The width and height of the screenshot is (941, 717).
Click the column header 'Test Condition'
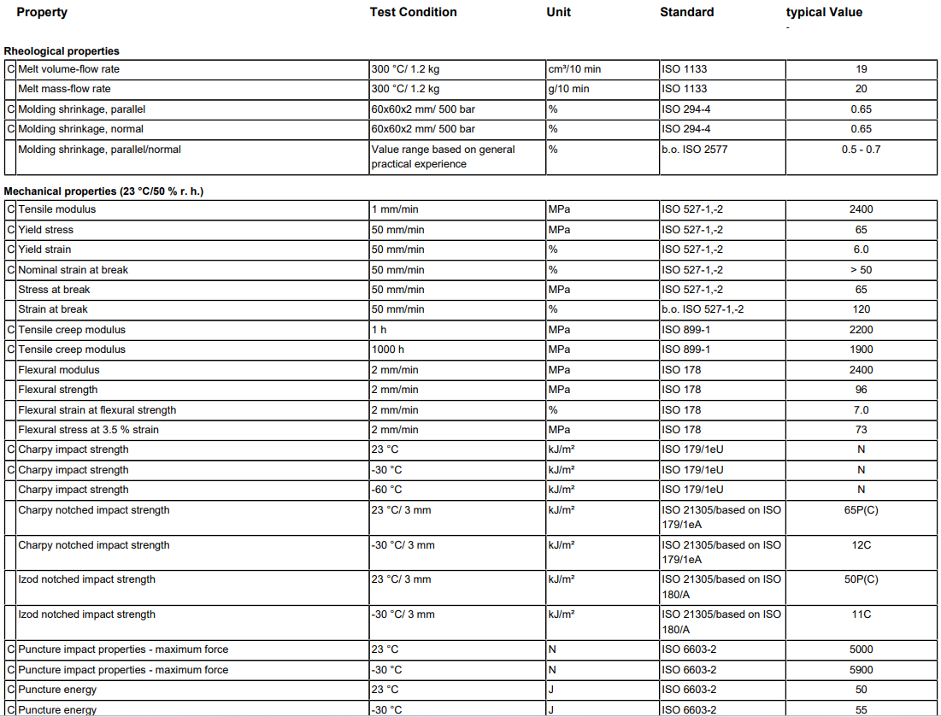click(413, 12)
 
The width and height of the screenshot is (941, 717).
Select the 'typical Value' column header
click(824, 12)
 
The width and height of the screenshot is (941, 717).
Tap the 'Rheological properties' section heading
click(62, 51)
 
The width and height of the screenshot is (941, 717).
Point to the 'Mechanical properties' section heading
click(103, 191)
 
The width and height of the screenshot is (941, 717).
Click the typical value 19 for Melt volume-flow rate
click(861, 69)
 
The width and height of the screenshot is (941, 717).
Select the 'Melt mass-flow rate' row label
click(64, 89)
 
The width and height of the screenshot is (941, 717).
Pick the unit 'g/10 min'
click(568, 89)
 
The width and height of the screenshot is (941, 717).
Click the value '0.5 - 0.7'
click(861, 150)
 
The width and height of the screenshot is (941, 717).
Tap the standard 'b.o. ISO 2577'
click(694, 150)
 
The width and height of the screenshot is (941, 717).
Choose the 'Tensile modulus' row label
click(57, 209)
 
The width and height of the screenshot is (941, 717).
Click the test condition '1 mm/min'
click(395, 209)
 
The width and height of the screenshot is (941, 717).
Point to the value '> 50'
click(861, 270)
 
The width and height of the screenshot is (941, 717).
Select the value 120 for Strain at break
click(861, 309)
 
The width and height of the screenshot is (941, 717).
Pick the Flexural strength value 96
click(861, 390)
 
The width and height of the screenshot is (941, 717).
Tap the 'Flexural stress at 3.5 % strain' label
click(88, 430)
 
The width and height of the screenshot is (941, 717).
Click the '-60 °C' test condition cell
click(386, 490)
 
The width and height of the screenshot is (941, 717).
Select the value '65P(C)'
click(861, 510)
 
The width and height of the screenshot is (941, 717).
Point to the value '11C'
click(861, 614)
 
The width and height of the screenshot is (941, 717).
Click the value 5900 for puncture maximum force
click(861, 670)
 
